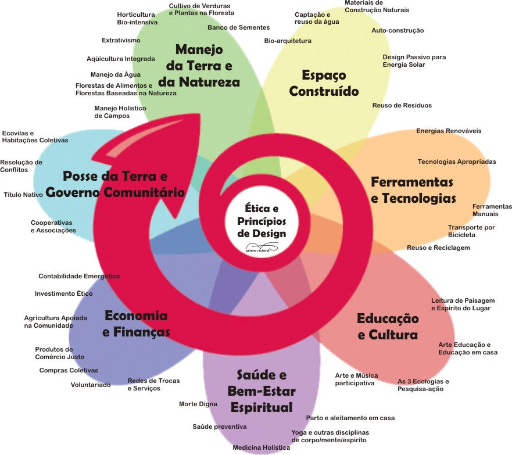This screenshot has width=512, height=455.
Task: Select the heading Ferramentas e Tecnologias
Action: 413,190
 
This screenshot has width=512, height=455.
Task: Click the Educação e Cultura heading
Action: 387,327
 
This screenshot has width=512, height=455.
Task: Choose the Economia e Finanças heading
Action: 136,324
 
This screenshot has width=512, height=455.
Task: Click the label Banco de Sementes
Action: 238,27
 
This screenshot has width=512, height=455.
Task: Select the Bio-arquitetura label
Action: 288,41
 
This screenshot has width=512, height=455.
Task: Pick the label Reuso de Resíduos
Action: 402,105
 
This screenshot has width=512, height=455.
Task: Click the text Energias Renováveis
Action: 448,131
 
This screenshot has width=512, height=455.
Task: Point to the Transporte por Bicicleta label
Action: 471,231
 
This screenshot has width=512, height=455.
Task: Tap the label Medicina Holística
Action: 261,448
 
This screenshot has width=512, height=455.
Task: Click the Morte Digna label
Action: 198,404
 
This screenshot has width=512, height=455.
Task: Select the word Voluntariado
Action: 90,385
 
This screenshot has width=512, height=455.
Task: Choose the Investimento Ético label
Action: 63,293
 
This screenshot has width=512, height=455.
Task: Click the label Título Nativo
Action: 23,195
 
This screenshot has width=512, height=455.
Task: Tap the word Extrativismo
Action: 121,40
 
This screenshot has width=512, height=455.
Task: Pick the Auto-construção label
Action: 398,30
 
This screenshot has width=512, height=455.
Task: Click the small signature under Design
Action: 261,246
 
